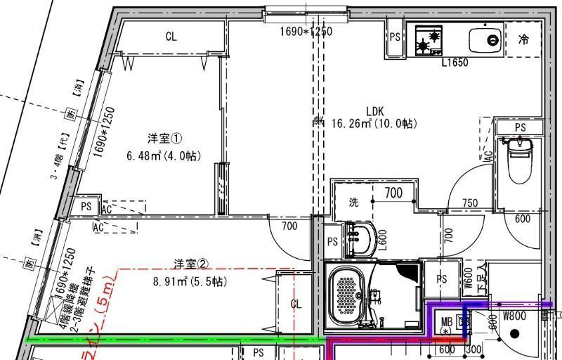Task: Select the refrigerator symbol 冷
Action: tap(523, 40)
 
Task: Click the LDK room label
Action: tap(374, 110)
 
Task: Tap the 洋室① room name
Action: tap(164, 137)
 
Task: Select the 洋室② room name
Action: tap(191, 264)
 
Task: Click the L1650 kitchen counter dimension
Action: tap(455, 63)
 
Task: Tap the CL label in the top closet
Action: tap(171, 37)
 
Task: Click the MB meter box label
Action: tap(447, 323)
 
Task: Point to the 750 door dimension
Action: tap(470, 203)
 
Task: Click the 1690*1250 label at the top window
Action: tap(306, 31)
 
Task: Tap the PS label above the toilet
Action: tap(520, 127)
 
